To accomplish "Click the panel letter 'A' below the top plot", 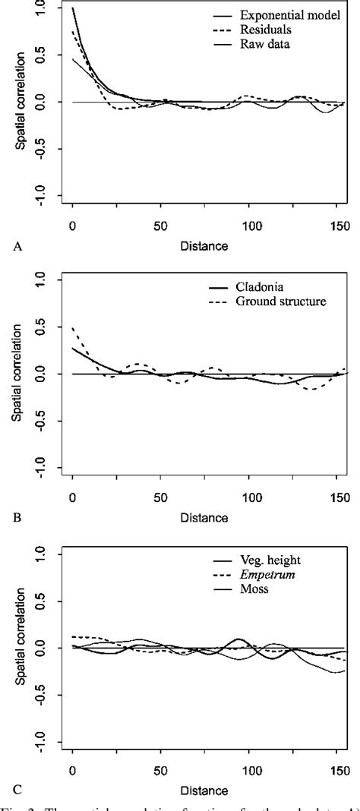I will [x=15, y=246].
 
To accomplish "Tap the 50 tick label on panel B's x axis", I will [x=160, y=499].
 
